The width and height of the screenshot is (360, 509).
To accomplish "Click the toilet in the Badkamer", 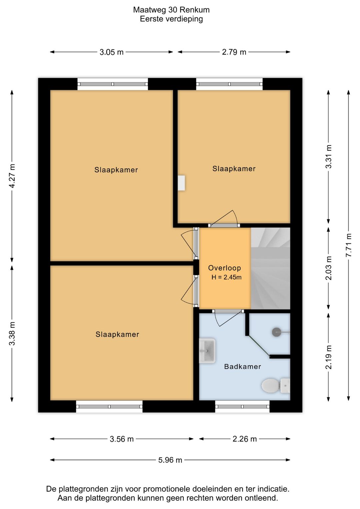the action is click(276, 386).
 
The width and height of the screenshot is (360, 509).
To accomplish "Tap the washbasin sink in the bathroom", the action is click(207, 351).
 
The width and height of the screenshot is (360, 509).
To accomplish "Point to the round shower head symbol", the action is click(277, 332).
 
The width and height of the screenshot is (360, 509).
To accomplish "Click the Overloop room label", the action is click(224, 268).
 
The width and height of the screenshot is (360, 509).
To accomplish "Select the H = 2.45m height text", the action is click(226, 277).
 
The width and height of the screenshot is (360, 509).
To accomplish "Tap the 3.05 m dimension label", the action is click(112, 52).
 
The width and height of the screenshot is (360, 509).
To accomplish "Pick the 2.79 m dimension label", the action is click(234, 52).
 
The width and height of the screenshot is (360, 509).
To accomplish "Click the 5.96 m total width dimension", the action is click(170, 460).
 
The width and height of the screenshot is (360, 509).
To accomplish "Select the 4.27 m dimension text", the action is click(12, 176).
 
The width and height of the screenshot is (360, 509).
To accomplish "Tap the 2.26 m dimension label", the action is click(245, 439).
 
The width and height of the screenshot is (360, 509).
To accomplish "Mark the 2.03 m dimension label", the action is click(328, 268).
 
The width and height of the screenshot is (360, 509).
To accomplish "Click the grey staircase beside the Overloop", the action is click(271, 269).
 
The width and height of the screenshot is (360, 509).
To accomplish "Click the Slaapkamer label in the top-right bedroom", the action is click(234, 168).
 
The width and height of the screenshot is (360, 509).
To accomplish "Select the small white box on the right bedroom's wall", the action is click(181, 183).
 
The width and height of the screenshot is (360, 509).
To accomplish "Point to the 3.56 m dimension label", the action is click(122, 439).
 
